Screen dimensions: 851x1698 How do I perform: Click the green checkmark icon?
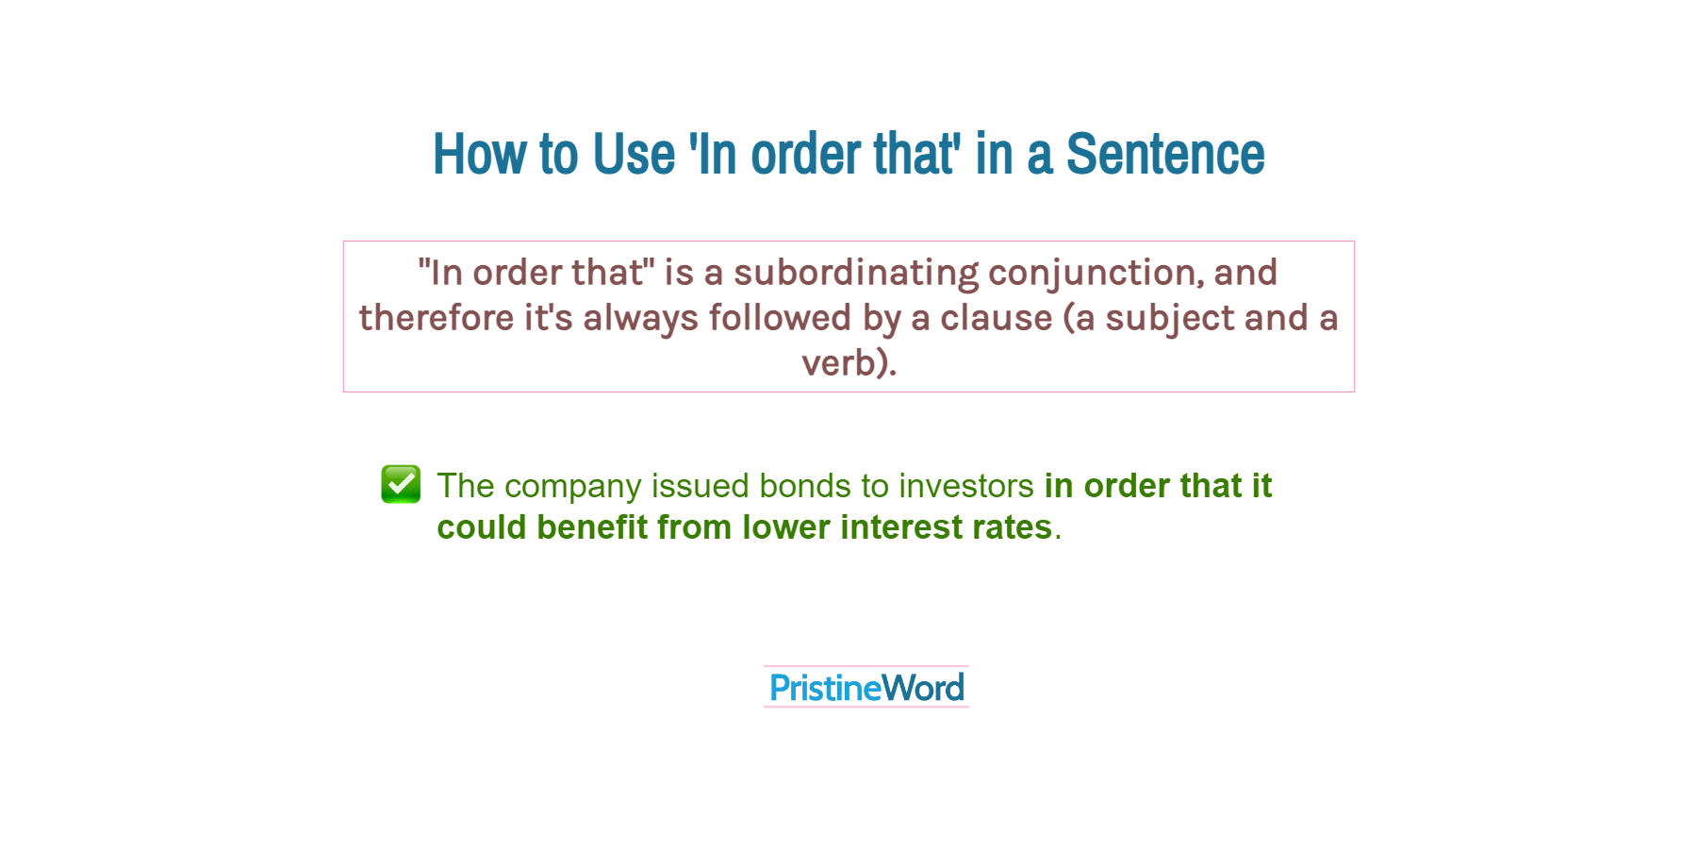401,484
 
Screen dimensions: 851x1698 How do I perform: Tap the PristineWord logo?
866,688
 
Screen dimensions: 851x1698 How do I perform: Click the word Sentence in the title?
1164,154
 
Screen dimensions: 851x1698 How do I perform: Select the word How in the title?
479,154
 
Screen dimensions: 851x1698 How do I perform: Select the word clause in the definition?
996,318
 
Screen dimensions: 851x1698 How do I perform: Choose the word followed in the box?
780,318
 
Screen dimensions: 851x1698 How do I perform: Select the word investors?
965,486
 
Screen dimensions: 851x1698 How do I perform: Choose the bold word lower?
785,527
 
